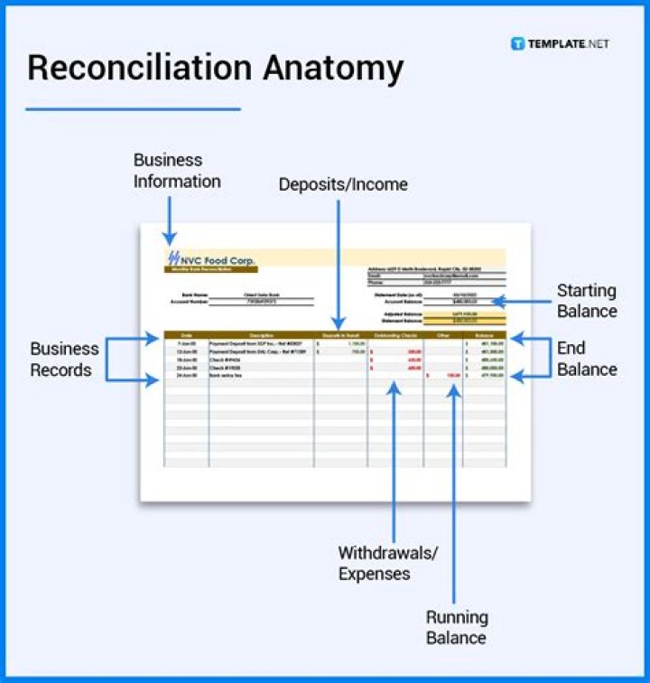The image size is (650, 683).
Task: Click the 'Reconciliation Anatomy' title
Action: pyautogui.click(x=215, y=68)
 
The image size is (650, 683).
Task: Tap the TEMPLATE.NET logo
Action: pyautogui.click(x=561, y=43)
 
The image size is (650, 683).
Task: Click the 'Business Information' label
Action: pyautogui.click(x=177, y=171)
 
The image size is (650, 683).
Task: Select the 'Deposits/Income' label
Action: pyautogui.click(x=343, y=184)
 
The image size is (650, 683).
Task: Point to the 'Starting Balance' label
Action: pyautogui.click(x=587, y=301)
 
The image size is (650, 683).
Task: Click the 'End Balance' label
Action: pyautogui.click(x=587, y=359)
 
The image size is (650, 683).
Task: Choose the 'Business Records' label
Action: pyautogui.click(x=65, y=359)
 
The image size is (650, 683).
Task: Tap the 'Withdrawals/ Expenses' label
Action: pyautogui.click(x=387, y=563)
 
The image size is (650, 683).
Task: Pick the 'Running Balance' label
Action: pyautogui.click(x=457, y=628)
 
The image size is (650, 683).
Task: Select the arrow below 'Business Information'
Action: pyautogui.click(x=169, y=220)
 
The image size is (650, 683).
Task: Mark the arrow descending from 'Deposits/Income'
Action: pyautogui.click(x=338, y=262)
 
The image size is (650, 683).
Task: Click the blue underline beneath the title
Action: pyautogui.click(x=133, y=109)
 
